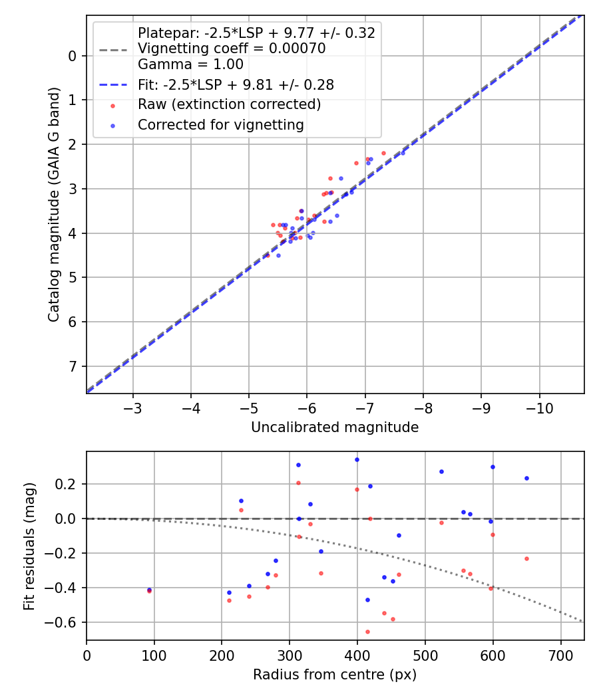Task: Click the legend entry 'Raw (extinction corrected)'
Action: coord(229,104)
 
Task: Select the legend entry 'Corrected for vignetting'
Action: coord(220,124)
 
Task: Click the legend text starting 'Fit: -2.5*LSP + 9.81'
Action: coord(236,84)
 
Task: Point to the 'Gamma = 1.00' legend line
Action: coord(190,64)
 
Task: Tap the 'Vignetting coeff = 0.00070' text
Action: coord(232,49)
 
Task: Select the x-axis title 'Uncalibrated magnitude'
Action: coord(335,427)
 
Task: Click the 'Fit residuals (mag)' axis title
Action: coord(29,546)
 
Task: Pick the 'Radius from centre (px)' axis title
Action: coord(335,675)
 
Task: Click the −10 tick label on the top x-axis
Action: coord(539,407)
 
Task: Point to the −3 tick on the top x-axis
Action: coord(133,407)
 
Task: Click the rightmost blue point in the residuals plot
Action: coord(526,478)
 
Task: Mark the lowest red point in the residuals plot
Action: coord(367,632)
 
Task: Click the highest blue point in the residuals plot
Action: coord(357,459)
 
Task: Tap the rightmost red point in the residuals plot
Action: coord(526,558)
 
